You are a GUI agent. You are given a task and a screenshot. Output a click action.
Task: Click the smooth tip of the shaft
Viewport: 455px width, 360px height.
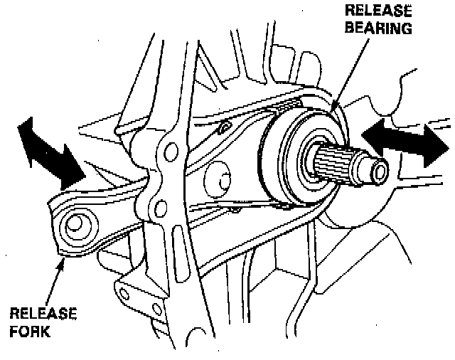point(377,169)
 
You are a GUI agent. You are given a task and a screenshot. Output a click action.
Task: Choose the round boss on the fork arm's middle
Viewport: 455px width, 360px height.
point(218,179)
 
